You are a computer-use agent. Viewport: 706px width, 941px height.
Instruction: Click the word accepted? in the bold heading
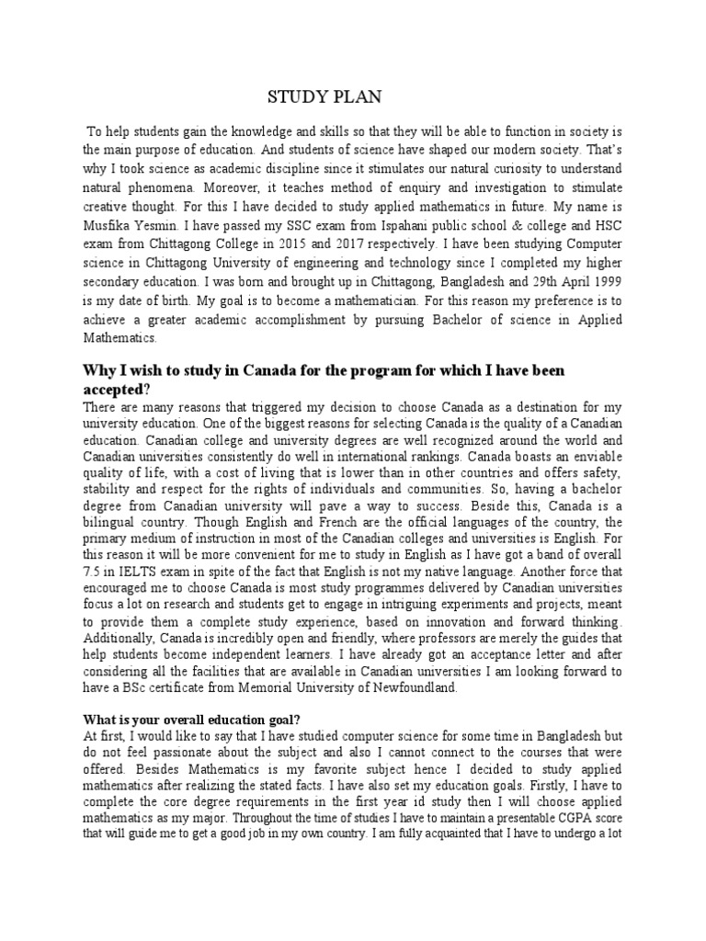(x=116, y=388)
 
